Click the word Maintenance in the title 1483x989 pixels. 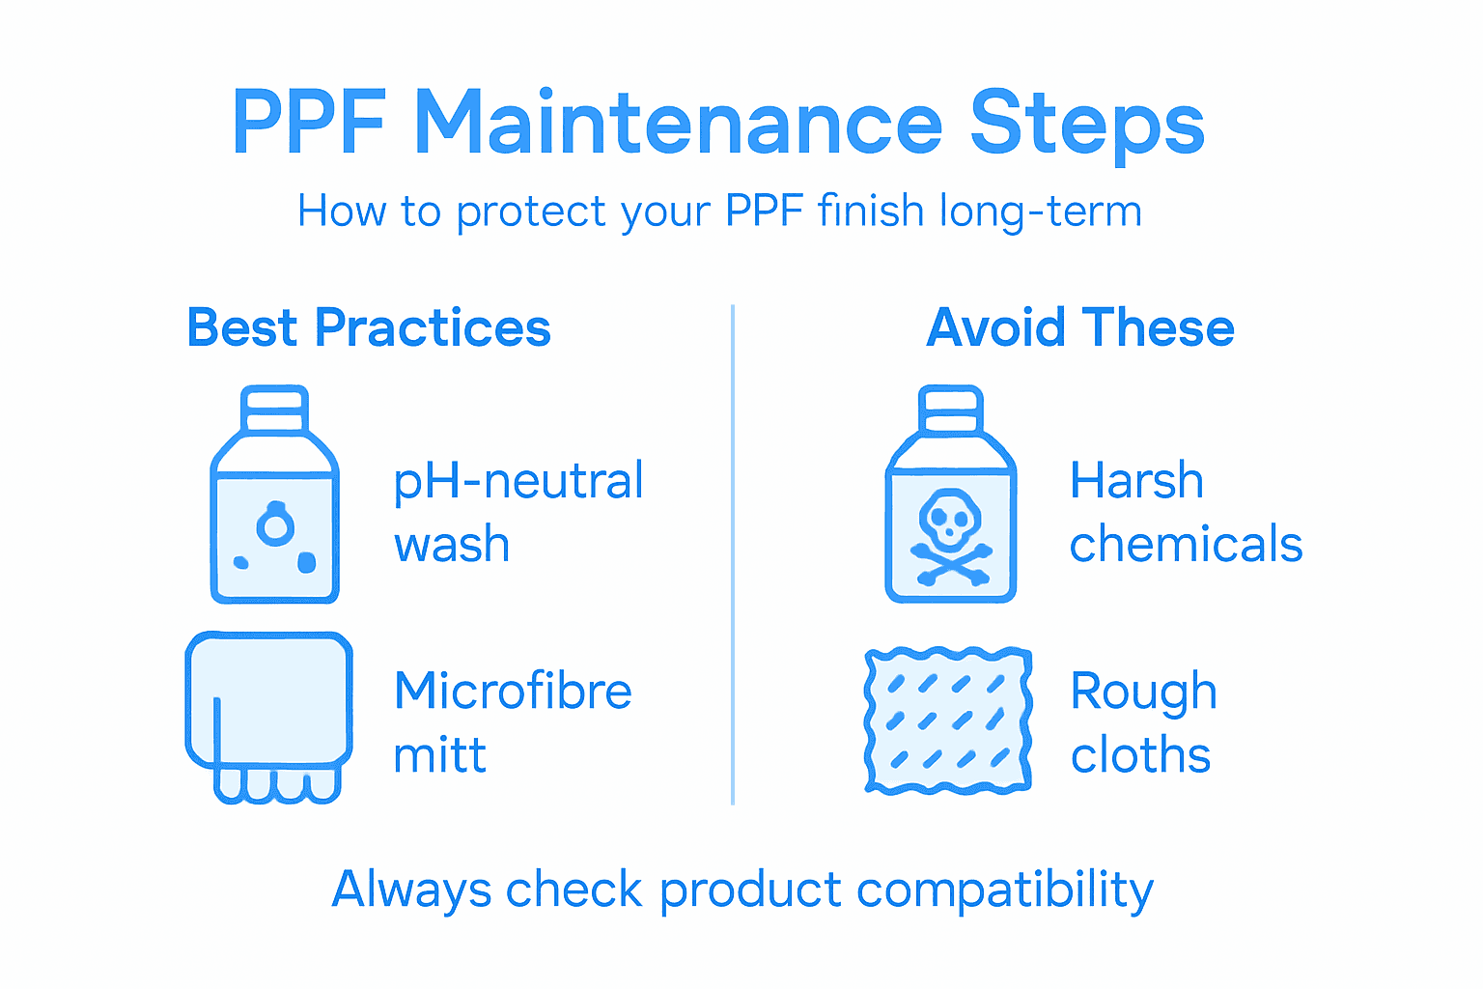coord(678,124)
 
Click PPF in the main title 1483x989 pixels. coord(309,124)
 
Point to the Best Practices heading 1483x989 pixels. coord(369,328)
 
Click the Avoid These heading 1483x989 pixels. coord(1080,328)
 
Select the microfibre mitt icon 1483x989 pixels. coord(268,715)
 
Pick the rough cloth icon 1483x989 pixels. coord(948,721)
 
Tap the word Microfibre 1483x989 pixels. coord(513,692)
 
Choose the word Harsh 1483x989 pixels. coord(1136,481)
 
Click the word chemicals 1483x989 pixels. coord(1186,545)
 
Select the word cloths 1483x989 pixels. coord(1140,755)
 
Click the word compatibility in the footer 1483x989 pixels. coord(1004,890)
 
